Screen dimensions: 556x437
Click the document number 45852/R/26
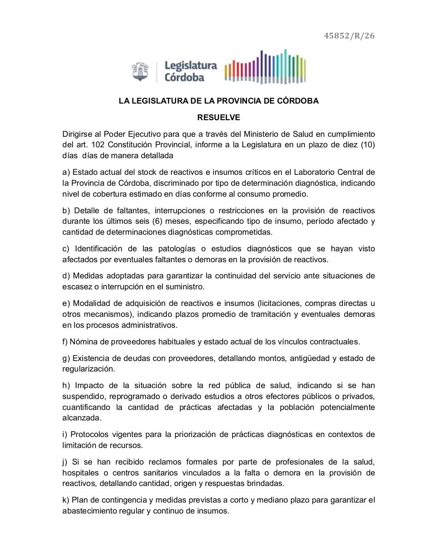tap(349, 36)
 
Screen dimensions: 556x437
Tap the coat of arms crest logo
tap(140, 71)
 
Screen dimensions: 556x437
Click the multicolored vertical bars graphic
tap(265, 67)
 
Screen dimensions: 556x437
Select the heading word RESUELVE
tap(218, 118)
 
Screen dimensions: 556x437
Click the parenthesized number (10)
tap(368, 145)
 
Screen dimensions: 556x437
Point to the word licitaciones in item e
tap(279, 303)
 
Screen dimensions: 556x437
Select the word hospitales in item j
tap(80, 473)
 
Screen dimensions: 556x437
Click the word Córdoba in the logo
tap(184, 78)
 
